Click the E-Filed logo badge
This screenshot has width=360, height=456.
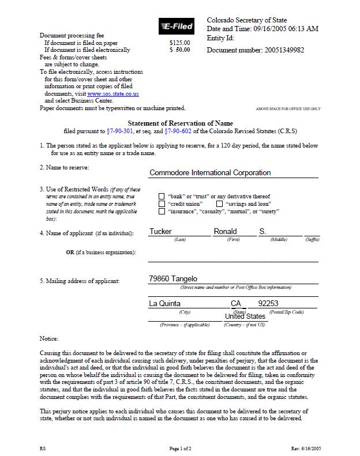pos(177,26)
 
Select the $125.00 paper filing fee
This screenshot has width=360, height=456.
pos(179,43)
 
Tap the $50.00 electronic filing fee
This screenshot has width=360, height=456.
pos(179,50)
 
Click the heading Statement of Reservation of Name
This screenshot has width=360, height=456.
pos(180,123)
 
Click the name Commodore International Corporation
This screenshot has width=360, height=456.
pos(210,172)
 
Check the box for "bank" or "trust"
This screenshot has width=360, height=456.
pos(162,197)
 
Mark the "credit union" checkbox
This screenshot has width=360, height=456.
pos(162,204)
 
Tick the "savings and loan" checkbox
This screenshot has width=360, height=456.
pos(219,204)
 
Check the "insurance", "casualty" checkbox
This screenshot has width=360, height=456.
pos(162,212)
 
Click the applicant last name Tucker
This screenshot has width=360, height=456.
pos(160,232)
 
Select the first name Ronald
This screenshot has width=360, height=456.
pos(225,232)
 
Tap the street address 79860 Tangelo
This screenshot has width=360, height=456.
pos(173,279)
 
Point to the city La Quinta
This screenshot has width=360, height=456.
pos(165,303)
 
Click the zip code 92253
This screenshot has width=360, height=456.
pos(268,303)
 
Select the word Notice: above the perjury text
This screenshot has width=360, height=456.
pos(49,338)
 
